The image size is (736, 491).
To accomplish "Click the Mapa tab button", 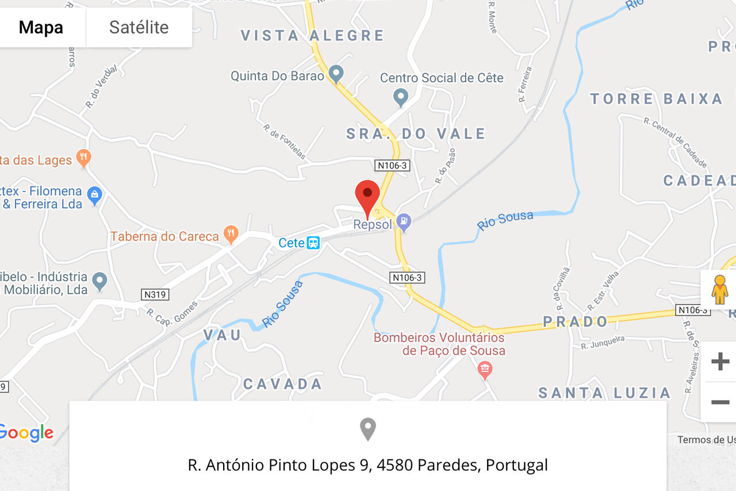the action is tap(41, 27).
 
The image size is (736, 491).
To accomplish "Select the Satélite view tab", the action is tap(139, 27).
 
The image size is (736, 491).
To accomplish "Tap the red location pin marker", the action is tap(367, 197).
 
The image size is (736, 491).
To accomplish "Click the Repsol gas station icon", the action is tap(404, 221).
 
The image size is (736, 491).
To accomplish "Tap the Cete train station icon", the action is tap(313, 243).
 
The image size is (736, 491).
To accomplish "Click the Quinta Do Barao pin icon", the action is tap(336, 74).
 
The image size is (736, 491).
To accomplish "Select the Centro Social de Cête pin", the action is tap(401, 96).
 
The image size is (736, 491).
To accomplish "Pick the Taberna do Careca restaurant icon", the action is tap(231, 234).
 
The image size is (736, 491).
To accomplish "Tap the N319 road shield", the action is tap(155, 295).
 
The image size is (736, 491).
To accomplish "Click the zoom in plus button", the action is tap(720, 361).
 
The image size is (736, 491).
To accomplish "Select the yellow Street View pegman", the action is tap(719, 290).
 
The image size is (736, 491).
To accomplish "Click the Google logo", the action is tap(26, 433).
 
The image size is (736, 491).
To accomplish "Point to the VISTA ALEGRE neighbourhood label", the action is tap(312, 36).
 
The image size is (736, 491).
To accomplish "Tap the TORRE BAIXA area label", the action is tap(656, 99).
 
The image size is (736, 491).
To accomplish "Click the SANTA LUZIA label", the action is tap(604, 393).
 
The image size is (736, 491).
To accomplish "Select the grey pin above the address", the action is tap(368, 429).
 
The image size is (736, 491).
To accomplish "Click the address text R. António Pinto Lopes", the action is tap(368, 465).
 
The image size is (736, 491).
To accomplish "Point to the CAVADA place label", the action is tap(282, 384).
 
